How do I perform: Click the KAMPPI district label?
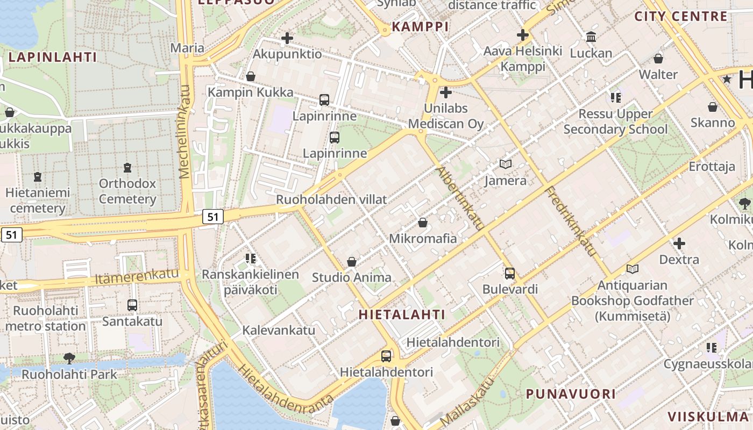[x=420, y=26]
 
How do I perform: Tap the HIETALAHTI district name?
[x=402, y=314]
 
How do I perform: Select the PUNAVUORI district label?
[x=571, y=394]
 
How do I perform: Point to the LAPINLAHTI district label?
[x=53, y=57]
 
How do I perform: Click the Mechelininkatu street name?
[x=184, y=132]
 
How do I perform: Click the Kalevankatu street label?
[x=279, y=330]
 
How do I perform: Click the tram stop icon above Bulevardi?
[x=510, y=273]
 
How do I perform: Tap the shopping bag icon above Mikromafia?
[x=423, y=223]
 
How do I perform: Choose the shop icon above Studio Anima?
[x=352, y=262]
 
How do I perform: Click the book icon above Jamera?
[x=506, y=164]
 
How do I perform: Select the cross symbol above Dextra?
[x=679, y=243]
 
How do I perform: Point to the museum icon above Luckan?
[x=591, y=37]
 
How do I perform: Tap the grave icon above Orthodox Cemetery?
[x=127, y=168]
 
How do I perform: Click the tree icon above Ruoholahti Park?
[x=69, y=358]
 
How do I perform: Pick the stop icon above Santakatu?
[x=132, y=305]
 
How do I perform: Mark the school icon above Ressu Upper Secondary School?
[x=615, y=98]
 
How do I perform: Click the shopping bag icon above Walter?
[x=658, y=59]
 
